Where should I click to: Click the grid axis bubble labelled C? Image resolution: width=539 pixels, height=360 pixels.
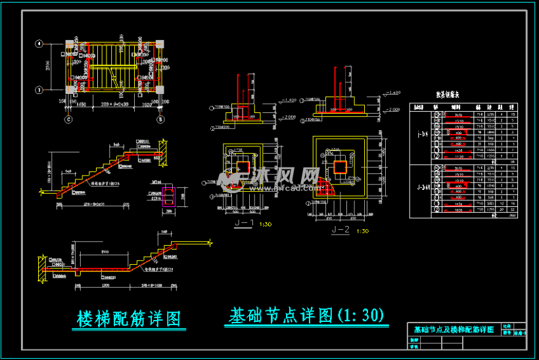tap(68, 120)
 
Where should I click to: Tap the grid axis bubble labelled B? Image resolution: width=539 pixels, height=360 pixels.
tap(159, 120)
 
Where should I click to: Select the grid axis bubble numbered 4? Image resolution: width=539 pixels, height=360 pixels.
tap(39, 44)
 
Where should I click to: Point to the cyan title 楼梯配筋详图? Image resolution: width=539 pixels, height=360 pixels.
tap(129, 319)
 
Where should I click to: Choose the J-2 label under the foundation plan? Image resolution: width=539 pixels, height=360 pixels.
tap(341, 229)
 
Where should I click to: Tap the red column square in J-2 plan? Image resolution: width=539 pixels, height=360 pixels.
tap(340, 167)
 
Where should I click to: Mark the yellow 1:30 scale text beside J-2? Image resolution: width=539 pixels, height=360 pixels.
tap(362, 231)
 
